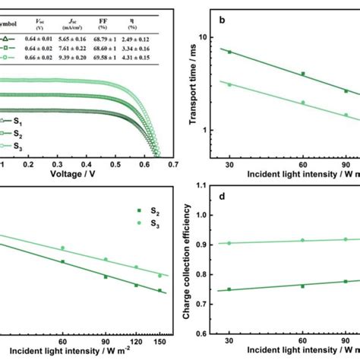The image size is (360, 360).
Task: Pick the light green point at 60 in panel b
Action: [303, 102]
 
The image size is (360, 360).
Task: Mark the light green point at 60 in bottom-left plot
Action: [63, 248]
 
